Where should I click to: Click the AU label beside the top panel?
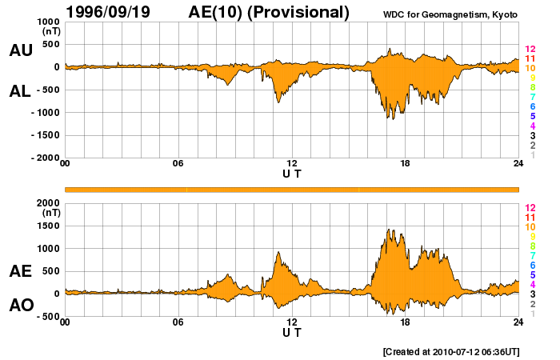coord(21,50)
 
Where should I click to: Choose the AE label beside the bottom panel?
coord(21,271)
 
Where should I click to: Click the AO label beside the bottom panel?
coord(21,306)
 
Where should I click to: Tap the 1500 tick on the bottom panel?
coord(49,226)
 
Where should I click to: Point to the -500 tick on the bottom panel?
coord(46,316)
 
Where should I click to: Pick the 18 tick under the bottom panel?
coord(406,322)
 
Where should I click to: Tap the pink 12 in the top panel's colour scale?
coord(530,50)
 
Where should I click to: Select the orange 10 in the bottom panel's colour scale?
coord(530,227)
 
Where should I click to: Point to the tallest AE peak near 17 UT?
coord(388,230)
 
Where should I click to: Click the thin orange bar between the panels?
coord(292,189)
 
